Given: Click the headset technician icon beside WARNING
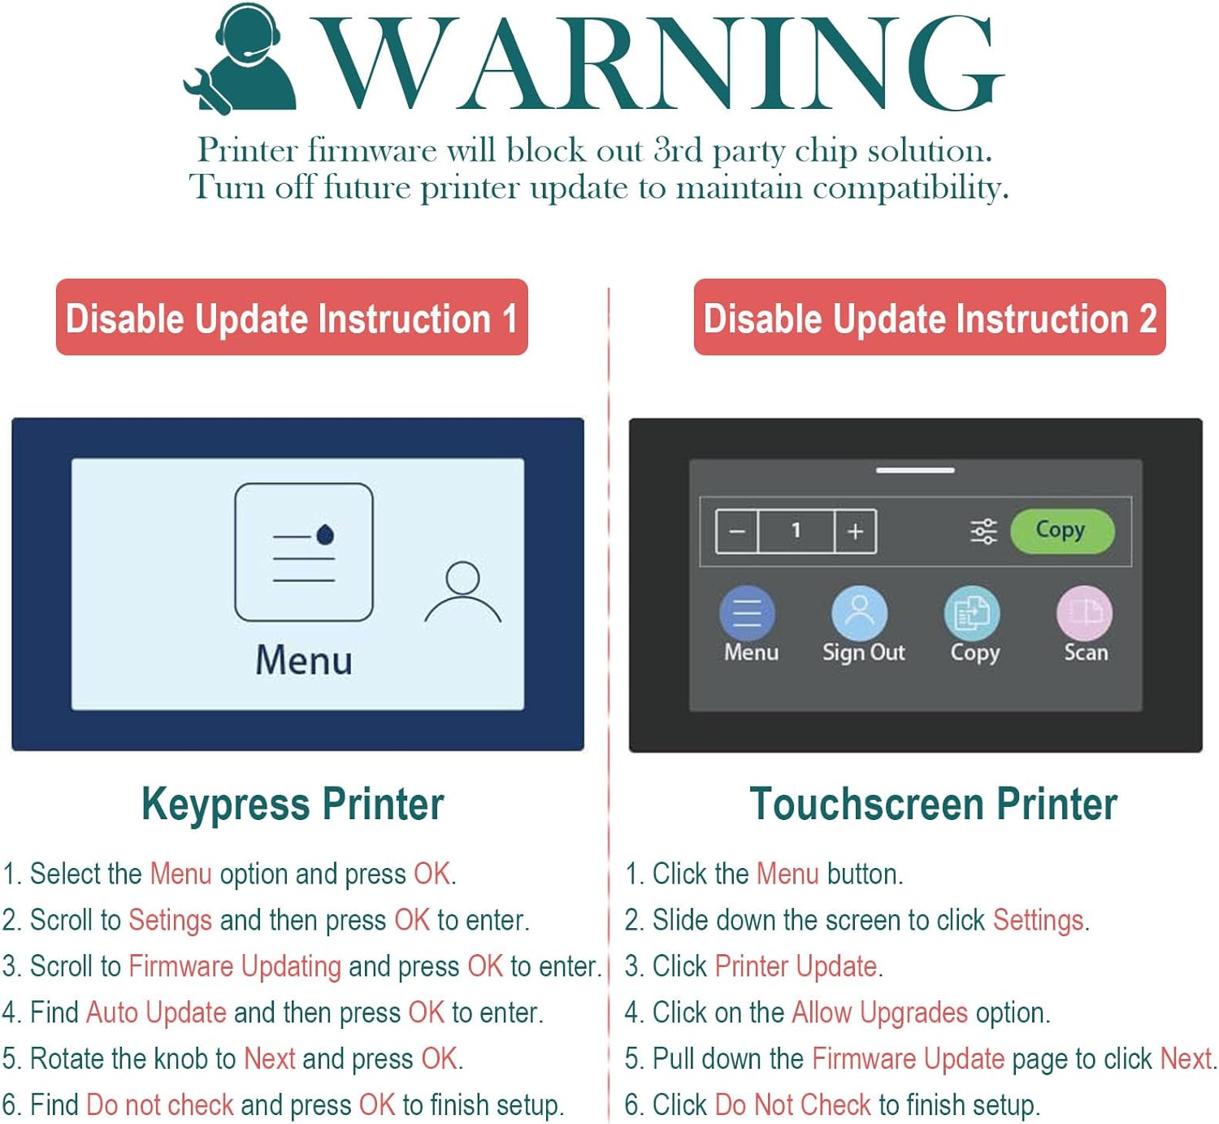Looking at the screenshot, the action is [241, 59].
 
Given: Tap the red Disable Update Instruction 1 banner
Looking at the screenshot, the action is [292, 317].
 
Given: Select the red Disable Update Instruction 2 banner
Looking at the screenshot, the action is [930, 317].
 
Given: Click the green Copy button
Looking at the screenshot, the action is [1062, 531].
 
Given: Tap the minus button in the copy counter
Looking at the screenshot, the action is [737, 531].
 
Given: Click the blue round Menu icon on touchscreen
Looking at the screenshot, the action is [747, 614].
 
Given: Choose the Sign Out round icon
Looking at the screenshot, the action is [859, 614].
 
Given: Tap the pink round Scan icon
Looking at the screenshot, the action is [1084, 614].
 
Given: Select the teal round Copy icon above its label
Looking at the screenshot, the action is [972, 614].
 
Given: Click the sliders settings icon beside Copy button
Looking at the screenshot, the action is [983, 531].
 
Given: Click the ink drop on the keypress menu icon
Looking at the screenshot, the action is [325, 535].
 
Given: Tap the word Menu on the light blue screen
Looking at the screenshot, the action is [304, 661].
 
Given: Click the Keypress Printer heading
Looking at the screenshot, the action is [293, 804].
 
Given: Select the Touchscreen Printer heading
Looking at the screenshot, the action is [933, 804].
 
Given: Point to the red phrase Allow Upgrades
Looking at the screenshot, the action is [879, 1013].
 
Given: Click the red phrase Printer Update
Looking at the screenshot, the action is [796, 966].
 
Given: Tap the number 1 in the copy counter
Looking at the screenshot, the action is [796, 531].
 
